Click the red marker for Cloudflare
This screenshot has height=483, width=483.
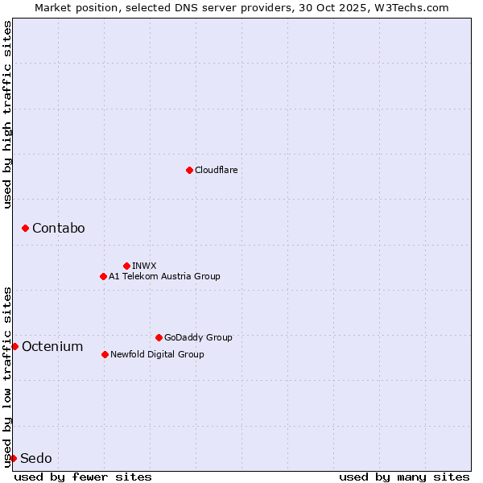189,170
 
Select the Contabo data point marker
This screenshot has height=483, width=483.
25,229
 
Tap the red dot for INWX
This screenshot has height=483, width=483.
126,266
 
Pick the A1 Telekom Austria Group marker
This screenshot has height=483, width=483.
103,276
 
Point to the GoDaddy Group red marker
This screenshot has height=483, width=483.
159,337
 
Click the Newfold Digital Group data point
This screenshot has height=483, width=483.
105,354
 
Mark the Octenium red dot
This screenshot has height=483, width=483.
14,346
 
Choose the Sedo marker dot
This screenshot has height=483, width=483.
13,458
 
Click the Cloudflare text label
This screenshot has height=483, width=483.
216,170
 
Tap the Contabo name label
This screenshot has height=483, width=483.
58,229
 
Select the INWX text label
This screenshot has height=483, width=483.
144,266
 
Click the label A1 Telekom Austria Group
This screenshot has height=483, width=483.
164,276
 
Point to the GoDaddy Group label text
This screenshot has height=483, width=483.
198,337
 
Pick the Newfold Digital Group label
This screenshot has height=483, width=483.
157,354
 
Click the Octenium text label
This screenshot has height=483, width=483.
52,347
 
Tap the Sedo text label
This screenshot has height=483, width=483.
36,459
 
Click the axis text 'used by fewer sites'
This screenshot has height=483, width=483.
83,477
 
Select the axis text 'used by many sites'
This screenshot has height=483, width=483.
403,477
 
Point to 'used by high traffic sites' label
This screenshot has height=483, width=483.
7,114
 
